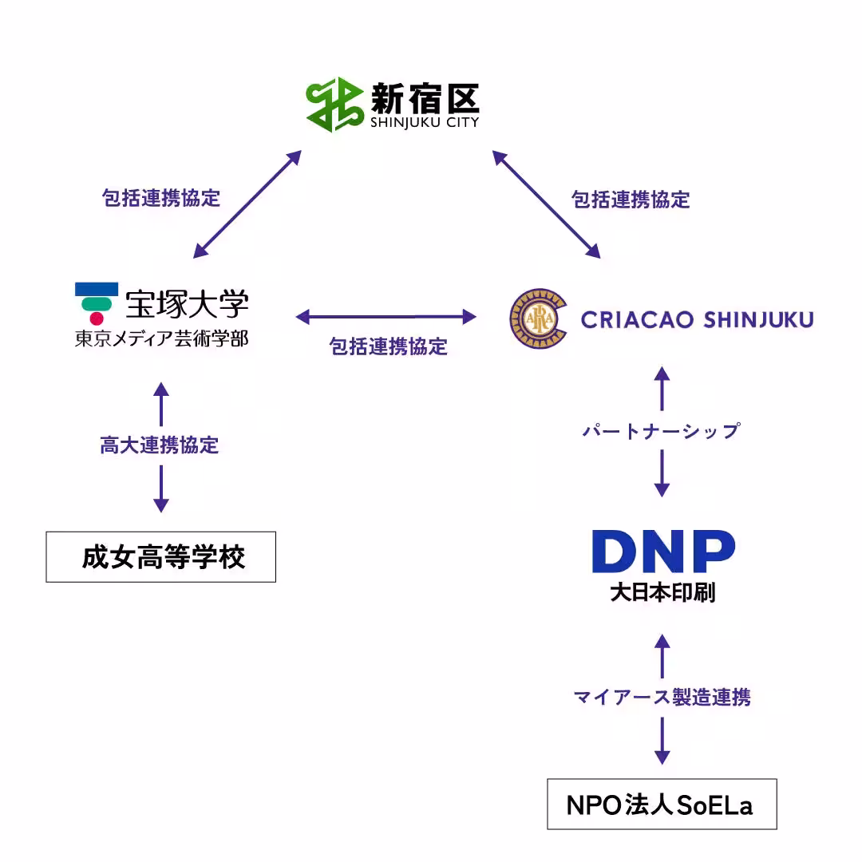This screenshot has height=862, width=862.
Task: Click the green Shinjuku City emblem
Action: point(334,105)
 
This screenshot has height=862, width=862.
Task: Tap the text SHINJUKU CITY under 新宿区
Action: point(424,123)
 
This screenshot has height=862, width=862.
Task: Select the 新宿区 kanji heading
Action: point(424,99)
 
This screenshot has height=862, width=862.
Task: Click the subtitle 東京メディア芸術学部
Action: point(161,339)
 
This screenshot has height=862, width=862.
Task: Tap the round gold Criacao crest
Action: point(537,319)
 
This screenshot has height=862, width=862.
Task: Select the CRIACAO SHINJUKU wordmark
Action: point(697,320)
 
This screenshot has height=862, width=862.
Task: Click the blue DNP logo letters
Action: point(662,551)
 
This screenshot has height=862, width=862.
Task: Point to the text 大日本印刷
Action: point(662,593)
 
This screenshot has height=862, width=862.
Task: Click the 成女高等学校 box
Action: point(161,557)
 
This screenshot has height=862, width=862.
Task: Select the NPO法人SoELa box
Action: point(662,805)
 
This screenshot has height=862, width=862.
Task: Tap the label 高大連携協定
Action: point(160,445)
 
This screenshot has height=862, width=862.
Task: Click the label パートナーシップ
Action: point(661,431)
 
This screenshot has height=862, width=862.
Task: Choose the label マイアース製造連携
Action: point(662,697)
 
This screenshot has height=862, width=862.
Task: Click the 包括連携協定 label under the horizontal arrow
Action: point(389,346)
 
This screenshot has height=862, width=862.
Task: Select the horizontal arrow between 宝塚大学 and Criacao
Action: point(386,317)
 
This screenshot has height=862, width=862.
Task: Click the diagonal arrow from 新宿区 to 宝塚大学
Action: point(247,204)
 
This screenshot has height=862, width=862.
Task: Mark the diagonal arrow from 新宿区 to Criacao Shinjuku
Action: point(547,204)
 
